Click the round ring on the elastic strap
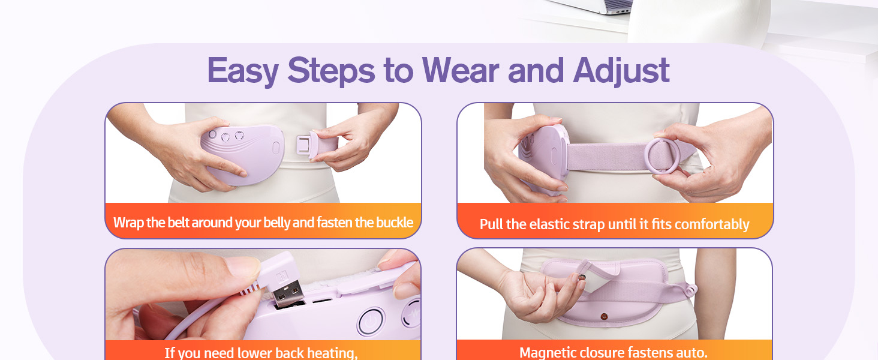pos(662,155)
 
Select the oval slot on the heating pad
pos(276,147)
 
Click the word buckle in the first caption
pos(394,223)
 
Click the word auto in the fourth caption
pos(693,352)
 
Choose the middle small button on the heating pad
pos(226,136)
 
